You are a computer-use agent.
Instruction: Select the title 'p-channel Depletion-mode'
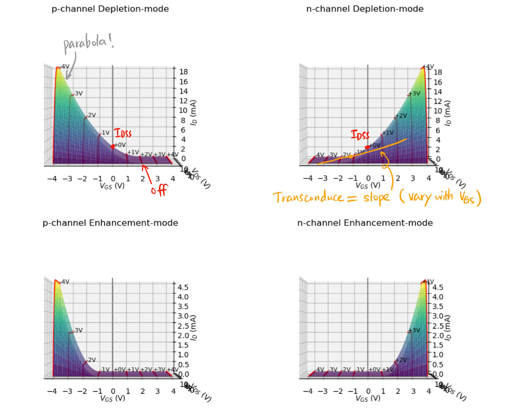click(110, 9)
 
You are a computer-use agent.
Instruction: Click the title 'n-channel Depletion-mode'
click(365, 9)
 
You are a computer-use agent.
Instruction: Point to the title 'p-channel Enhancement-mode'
click(110, 223)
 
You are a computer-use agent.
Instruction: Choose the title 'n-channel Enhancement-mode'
click(365, 223)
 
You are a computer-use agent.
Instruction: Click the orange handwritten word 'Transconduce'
click(309, 197)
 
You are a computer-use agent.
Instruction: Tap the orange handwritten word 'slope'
click(376, 197)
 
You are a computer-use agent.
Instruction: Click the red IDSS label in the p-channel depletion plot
click(123, 133)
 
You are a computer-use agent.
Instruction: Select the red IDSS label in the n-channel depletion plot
click(360, 135)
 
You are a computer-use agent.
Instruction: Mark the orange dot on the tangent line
click(351, 156)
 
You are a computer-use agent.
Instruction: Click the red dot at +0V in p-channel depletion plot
click(113, 146)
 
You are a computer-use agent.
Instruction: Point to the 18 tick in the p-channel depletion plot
click(183, 72)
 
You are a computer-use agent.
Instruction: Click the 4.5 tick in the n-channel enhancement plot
click(438, 287)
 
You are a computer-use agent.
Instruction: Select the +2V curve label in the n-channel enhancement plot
click(401, 360)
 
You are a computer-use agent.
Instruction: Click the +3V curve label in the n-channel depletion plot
click(414, 93)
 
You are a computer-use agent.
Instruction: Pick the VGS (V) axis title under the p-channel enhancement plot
click(113, 398)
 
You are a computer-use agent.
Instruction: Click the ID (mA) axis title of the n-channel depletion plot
click(447, 113)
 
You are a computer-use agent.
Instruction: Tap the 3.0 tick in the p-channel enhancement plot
click(183, 316)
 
